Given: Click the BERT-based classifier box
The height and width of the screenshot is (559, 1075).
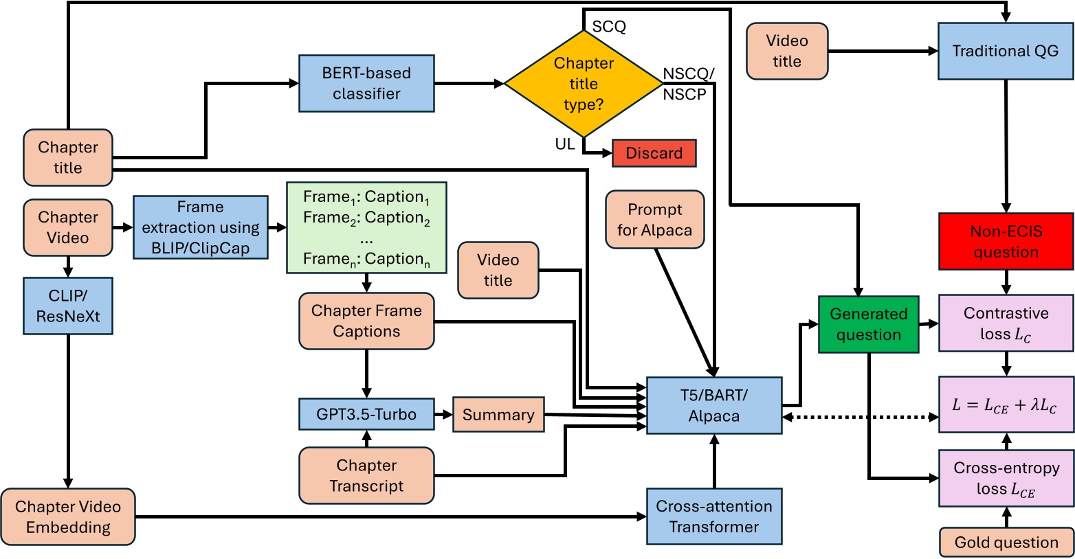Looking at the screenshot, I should [366, 84].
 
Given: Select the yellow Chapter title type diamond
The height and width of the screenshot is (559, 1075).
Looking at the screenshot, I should [584, 84].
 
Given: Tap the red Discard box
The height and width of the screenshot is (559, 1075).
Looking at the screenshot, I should [654, 153].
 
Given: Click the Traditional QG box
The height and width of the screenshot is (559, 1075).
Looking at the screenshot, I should [1005, 51].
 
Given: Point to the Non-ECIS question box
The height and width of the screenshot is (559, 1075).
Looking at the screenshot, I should [1006, 241].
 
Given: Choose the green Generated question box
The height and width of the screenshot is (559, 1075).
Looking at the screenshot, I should [868, 324].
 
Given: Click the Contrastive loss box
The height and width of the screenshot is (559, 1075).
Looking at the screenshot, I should [1006, 323].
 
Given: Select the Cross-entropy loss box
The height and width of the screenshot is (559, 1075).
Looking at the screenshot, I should [1006, 478].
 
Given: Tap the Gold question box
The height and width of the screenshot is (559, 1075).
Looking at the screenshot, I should [1006, 542].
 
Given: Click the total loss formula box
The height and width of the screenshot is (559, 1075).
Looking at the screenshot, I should [1006, 404].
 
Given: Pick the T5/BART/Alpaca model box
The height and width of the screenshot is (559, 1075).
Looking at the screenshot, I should [714, 405].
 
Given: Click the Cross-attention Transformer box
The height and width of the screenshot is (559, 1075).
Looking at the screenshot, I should [714, 516].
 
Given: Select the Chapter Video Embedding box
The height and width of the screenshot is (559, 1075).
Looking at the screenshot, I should [68, 516].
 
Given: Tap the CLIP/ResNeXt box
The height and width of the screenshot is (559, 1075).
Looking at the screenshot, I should [68, 306].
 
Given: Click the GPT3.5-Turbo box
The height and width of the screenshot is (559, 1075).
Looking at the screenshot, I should [366, 414].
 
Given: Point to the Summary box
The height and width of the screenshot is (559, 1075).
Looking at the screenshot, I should [498, 414].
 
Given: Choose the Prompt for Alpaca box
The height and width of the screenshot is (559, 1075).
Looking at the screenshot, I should [654, 220].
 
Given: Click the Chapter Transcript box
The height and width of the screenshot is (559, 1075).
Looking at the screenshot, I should [366, 475].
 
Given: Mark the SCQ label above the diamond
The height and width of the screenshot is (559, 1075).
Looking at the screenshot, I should [609, 27].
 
